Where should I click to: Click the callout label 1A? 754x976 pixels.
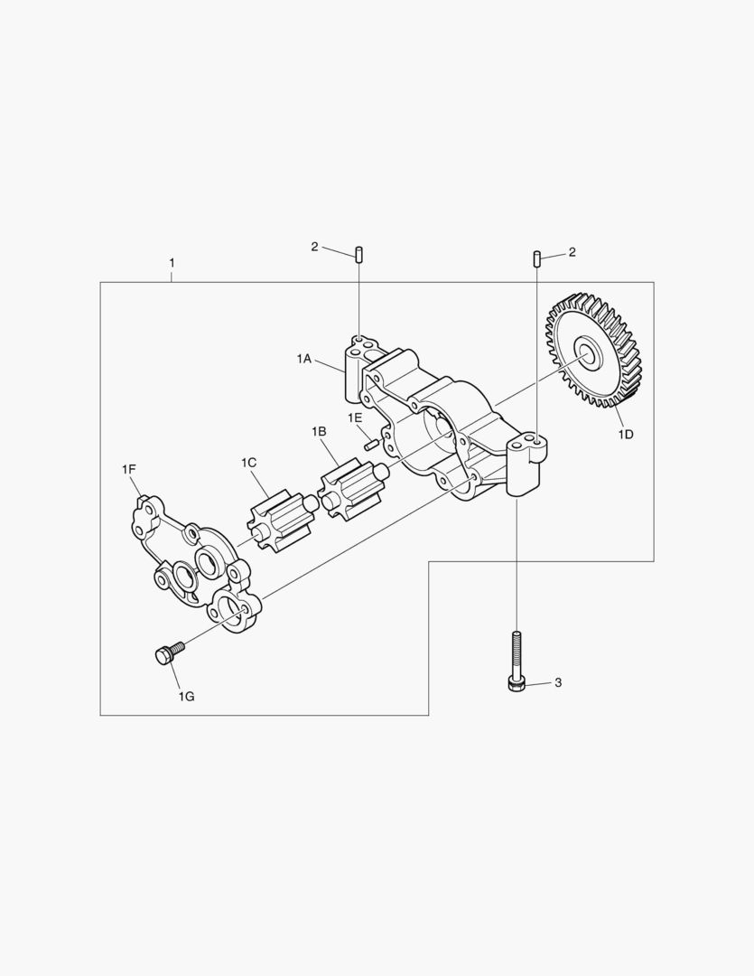click(303, 359)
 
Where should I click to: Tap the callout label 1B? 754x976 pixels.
click(319, 431)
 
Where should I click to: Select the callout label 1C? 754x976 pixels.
click(249, 463)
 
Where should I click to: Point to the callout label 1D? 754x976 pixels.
click(625, 435)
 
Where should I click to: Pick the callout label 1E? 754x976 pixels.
click(355, 418)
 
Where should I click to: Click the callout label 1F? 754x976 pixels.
click(129, 469)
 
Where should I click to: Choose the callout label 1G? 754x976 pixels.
click(186, 697)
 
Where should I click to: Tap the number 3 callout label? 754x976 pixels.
click(558, 683)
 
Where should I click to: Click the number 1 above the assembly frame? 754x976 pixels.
click(172, 263)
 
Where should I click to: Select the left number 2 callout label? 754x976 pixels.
click(314, 247)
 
